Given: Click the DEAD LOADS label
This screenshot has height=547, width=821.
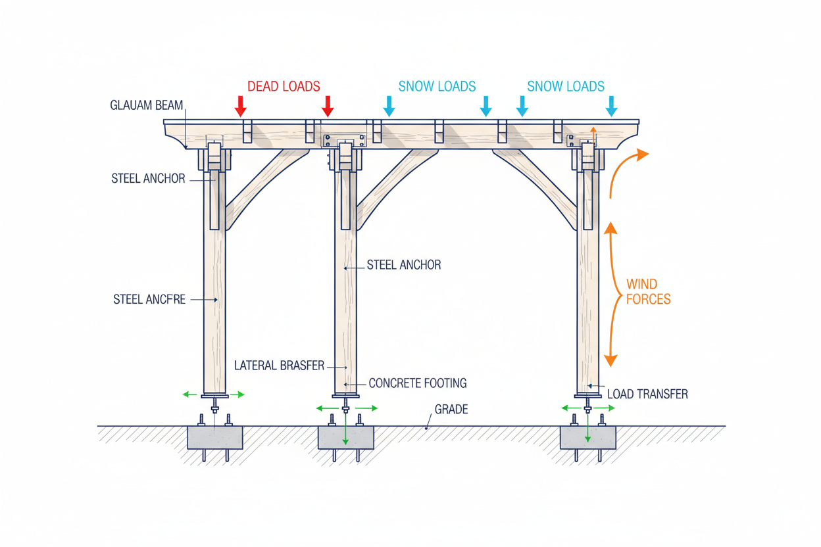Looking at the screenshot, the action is pos(284,87).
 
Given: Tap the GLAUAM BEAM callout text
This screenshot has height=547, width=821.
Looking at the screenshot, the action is pos(146,105).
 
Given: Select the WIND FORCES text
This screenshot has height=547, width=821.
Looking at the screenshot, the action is pos(648,292).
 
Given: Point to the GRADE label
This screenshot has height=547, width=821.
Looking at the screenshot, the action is pos(451,409).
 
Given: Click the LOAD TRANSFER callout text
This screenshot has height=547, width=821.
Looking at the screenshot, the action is pos(647,394).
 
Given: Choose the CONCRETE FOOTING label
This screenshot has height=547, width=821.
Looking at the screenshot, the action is pos(418,383).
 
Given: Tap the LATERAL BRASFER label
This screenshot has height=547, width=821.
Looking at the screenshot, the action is pos(280,366).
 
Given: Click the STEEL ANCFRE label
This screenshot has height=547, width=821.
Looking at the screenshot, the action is pos(149,299).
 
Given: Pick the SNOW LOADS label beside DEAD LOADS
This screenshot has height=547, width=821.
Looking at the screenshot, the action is pos(437,87).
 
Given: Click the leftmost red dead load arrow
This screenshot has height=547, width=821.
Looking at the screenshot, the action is pos(240,107).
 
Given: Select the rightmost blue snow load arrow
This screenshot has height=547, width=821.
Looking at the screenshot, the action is pos(611,107).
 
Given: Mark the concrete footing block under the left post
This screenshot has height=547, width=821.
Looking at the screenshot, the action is pos(214,437).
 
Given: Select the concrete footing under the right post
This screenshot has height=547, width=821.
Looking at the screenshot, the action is pos(588,437).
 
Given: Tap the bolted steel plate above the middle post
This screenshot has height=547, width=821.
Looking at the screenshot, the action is pos(344,140).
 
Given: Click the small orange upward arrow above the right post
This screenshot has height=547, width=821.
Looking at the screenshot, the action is pos(593,134).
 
